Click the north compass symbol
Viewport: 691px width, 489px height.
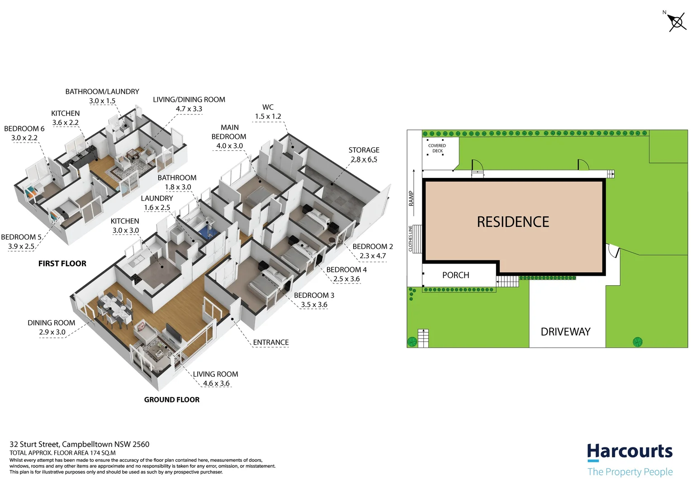tap(677, 22)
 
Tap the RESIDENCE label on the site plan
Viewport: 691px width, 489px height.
tap(513, 222)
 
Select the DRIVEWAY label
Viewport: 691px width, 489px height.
tap(565, 332)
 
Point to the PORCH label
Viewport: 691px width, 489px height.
tap(455, 275)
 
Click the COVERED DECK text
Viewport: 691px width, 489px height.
tap(437, 148)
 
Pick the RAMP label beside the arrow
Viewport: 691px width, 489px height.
tap(411, 198)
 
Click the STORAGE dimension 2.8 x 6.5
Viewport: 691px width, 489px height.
tap(364, 159)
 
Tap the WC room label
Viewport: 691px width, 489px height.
tap(268, 107)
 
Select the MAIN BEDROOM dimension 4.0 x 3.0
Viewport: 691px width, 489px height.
tap(229, 146)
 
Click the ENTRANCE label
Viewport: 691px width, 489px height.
tap(270, 342)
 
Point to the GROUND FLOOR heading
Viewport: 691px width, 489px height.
tap(171, 399)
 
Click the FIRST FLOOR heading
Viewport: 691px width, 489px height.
tap(62, 264)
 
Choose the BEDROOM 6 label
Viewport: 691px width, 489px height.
tap(24, 129)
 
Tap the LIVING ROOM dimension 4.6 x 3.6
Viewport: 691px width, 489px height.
tap(216, 384)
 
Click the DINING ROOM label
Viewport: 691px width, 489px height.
tap(51, 323)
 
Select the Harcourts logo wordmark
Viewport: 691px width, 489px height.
tap(629, 451)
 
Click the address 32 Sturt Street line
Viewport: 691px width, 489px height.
tap(79, 444)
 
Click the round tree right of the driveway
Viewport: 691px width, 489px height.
tap(637, 341)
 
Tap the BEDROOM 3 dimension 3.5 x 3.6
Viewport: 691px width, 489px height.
tap(314, 305)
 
